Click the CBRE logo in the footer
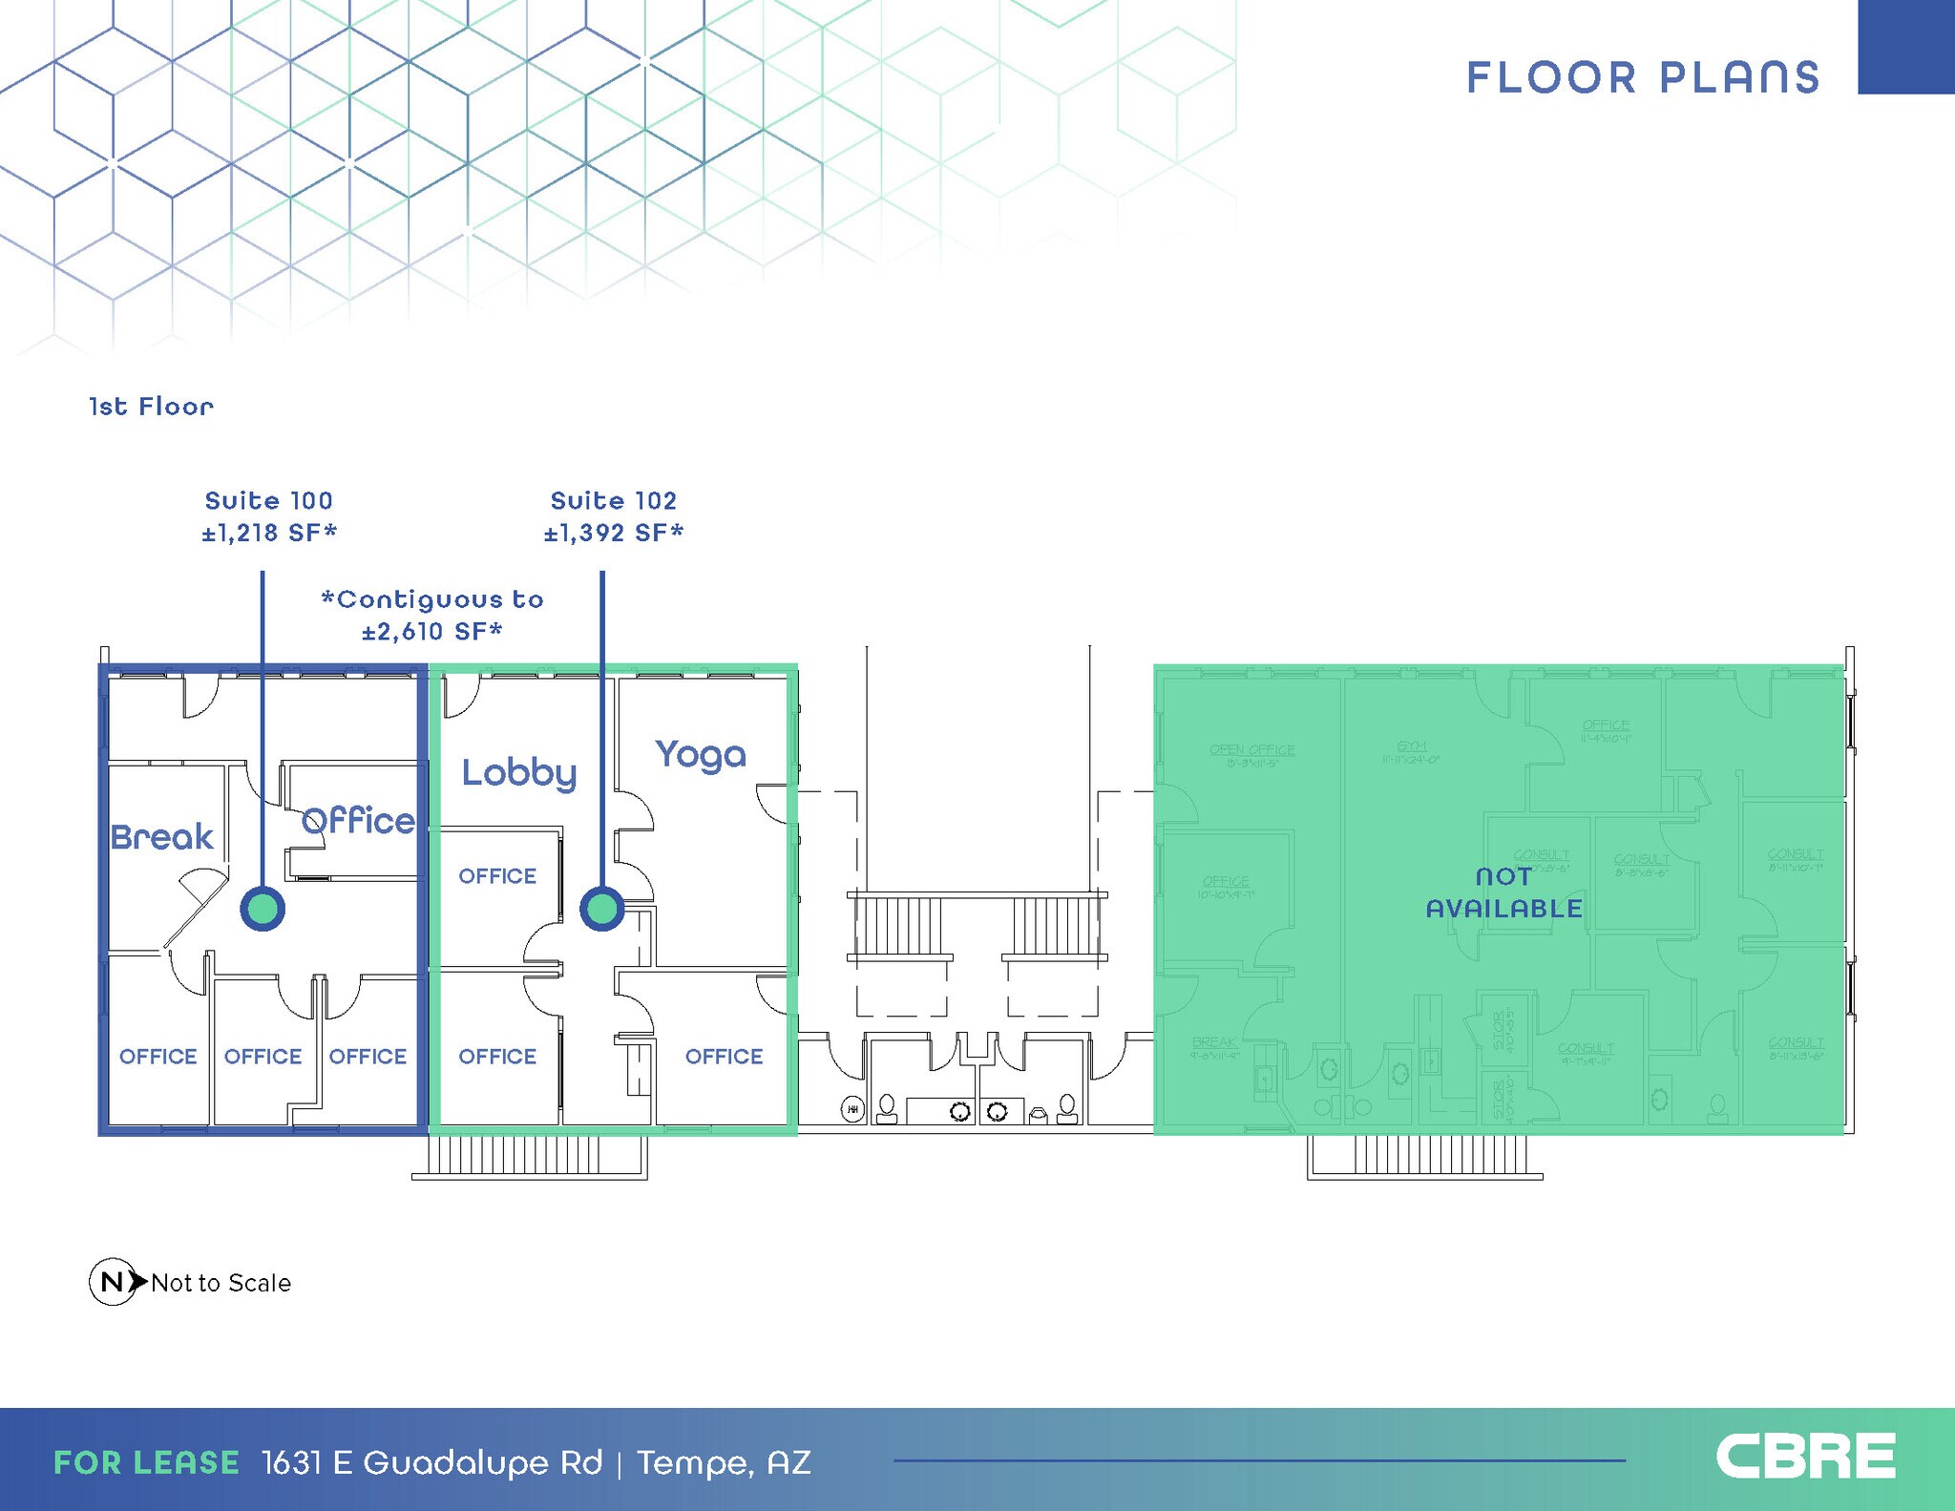pos(1805,1457)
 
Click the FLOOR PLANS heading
pos(1643,77)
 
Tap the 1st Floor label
pos(151,407)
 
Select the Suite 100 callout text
pos(269,500)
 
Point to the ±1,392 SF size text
pos(614,533)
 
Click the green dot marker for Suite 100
pos(263,908)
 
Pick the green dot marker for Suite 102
pos(602,908)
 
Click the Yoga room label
pos(700,755)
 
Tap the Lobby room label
pos(519,772)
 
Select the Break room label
pos(162,837)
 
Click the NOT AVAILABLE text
pos(1504,892)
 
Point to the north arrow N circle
pos(112,1282)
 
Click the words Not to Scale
pos(221,1283)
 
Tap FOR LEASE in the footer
pos(146,1462)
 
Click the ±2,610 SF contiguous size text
pos(431,631)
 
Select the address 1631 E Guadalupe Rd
pos(432,1462)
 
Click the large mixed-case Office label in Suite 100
pos(358,821)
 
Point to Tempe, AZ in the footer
pos(724,1462)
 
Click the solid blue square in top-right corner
pos(1905,47)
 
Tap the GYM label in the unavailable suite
pos(1411,746)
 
